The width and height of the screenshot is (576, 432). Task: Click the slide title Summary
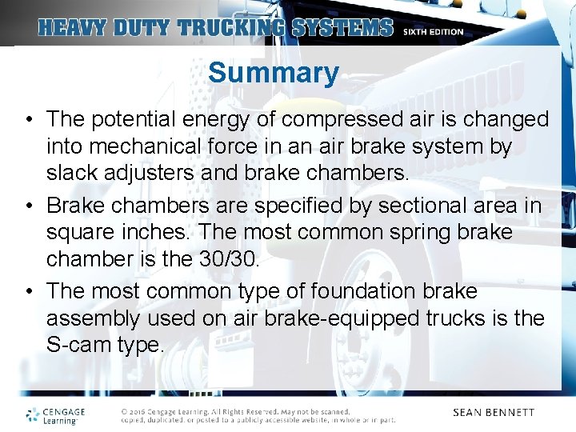tap(274, 73)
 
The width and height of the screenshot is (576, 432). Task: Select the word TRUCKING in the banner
tap(232, 28)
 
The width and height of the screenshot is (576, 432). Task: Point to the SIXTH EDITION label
tap(433, 32)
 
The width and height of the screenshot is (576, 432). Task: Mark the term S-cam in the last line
tap(78, 345)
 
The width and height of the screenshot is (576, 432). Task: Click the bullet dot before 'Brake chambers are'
tap(28, 206)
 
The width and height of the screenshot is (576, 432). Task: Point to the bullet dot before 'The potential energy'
tap(28, 120)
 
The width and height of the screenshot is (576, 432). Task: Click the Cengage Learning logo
tap(54, 415)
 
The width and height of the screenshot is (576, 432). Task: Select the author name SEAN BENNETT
tap(493, 413)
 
